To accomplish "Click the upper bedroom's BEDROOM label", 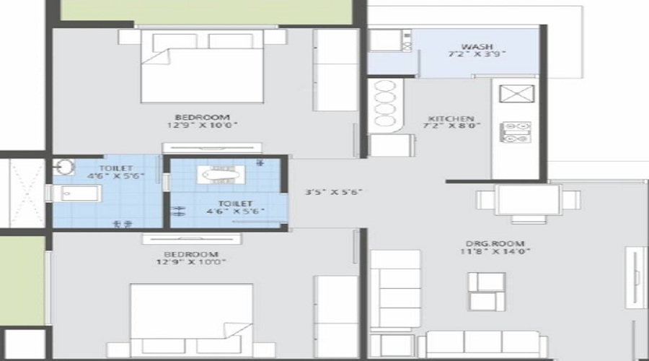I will [202, 117].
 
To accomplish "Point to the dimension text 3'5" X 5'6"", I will [334, 192].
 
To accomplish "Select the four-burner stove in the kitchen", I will [516, 131].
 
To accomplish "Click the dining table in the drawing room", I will [529, 201].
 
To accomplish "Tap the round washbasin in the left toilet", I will [63, 168].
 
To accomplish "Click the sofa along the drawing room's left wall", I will [395, 289].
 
